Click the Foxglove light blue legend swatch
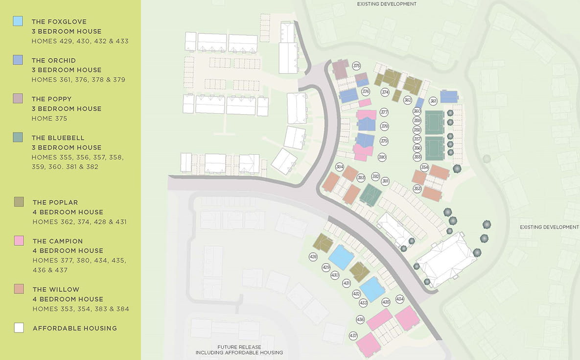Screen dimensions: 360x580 [x=18, y=21]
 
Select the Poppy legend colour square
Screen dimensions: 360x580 [x=18, y=98]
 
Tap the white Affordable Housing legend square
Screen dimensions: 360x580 [x=19, y=328]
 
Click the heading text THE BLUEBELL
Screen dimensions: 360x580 [x=58, y=138]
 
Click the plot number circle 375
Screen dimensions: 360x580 [x=356, y=66]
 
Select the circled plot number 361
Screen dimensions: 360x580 [x=433, y=101]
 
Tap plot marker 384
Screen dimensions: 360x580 [x=340, y=167]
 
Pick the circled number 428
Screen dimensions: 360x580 [x=313, y=257]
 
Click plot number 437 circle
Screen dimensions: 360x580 [x=353, y=336]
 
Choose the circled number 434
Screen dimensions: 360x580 [x=400, y=299]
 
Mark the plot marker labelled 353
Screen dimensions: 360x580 [x=418, y=189]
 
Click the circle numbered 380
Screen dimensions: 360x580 [x=382, y=157]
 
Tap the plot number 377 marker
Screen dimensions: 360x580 [x=384, y=112]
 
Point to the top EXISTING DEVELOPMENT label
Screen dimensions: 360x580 [x=387, y=4]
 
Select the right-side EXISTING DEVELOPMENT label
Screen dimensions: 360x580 [x=549, y=227]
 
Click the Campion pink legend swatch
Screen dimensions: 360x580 [x=19, y=240]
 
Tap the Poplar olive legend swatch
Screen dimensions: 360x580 [x=19, y=202]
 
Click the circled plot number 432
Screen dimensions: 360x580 [x=356, y=293]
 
